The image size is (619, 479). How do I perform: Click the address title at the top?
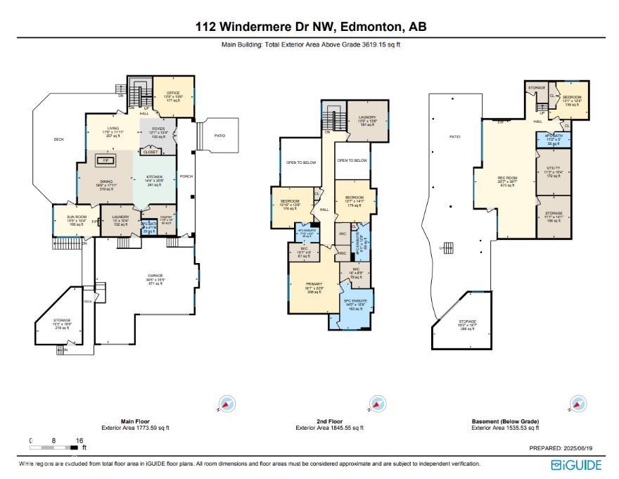310,27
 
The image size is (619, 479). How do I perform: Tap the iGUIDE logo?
576,465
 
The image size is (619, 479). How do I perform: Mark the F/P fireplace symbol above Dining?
106,161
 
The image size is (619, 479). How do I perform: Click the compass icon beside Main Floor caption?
226,404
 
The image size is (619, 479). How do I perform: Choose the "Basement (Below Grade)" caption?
505,421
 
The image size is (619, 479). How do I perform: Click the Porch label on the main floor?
186,177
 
